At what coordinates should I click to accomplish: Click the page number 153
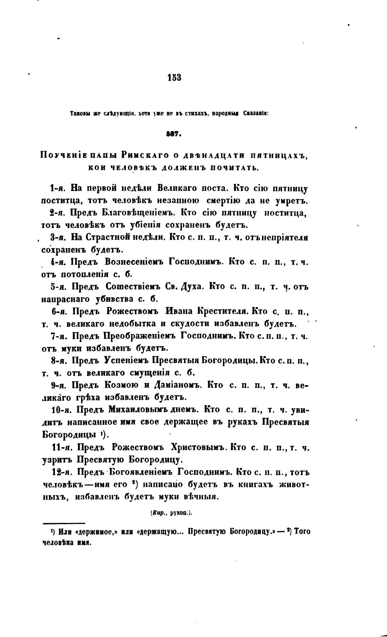174,78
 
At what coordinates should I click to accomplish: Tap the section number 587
174,134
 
